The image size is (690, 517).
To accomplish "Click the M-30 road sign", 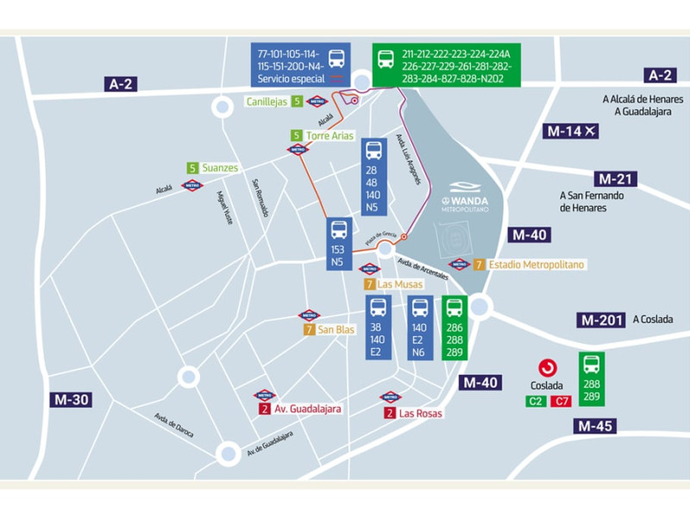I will pyautogui.click(x=72, y=399).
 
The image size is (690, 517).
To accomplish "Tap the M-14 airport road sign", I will pyautogui.click(x=571, y=131).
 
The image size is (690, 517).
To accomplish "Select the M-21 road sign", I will pyautogui.click(x=615, y=179).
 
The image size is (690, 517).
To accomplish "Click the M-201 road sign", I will pyautogui.click(x=601, y=320).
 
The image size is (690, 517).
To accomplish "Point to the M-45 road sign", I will pyautogui.click(x=596, y=426).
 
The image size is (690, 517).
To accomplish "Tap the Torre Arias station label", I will pyautogui.click(x=329, y=135).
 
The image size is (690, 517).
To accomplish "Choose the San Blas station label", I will pyautogui.click(x=335, y=329).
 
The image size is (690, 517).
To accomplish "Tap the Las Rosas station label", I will pyautogui.click(x=419, y=414).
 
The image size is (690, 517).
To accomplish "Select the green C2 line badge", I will pyautogui.click(x=535, y=401).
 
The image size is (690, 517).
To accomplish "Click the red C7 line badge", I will pyautogui.click(x=561, y=401).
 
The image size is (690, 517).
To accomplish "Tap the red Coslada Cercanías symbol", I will pyautogui.click(x=547, y=368).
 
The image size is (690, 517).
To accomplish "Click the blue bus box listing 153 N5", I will pyautogui.click(x=338, y=244).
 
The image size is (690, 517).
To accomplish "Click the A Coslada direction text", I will pyautogui.click(x=652, y=320).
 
